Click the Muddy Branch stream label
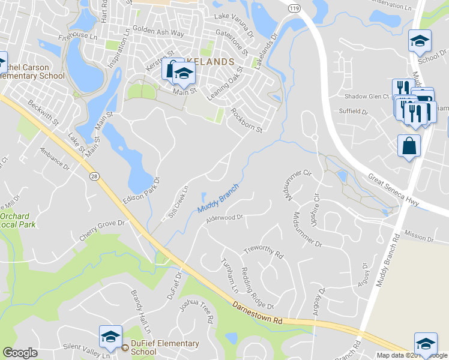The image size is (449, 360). coord(218,198)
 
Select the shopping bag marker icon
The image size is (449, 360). coord(409,146)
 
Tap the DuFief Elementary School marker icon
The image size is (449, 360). coord(110,337)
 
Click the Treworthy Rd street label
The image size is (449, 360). coord(263,250)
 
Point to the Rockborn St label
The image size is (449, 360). coord(247,121)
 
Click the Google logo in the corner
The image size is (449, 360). coord(20,353)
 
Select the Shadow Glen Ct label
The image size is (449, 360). coord(366,96)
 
